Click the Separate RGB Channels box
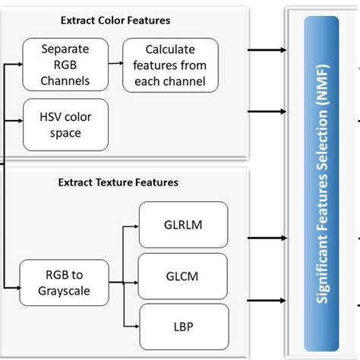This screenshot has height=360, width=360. tap(65, 65)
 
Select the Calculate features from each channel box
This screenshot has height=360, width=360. tap(170, 65)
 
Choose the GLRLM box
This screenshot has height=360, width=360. tap(183, 226)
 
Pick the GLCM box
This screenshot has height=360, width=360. tap(183, 276)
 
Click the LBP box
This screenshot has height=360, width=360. tap(183, 327)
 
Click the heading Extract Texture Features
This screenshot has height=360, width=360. tap(118, 182)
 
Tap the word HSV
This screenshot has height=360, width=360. tap(45, 115)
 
